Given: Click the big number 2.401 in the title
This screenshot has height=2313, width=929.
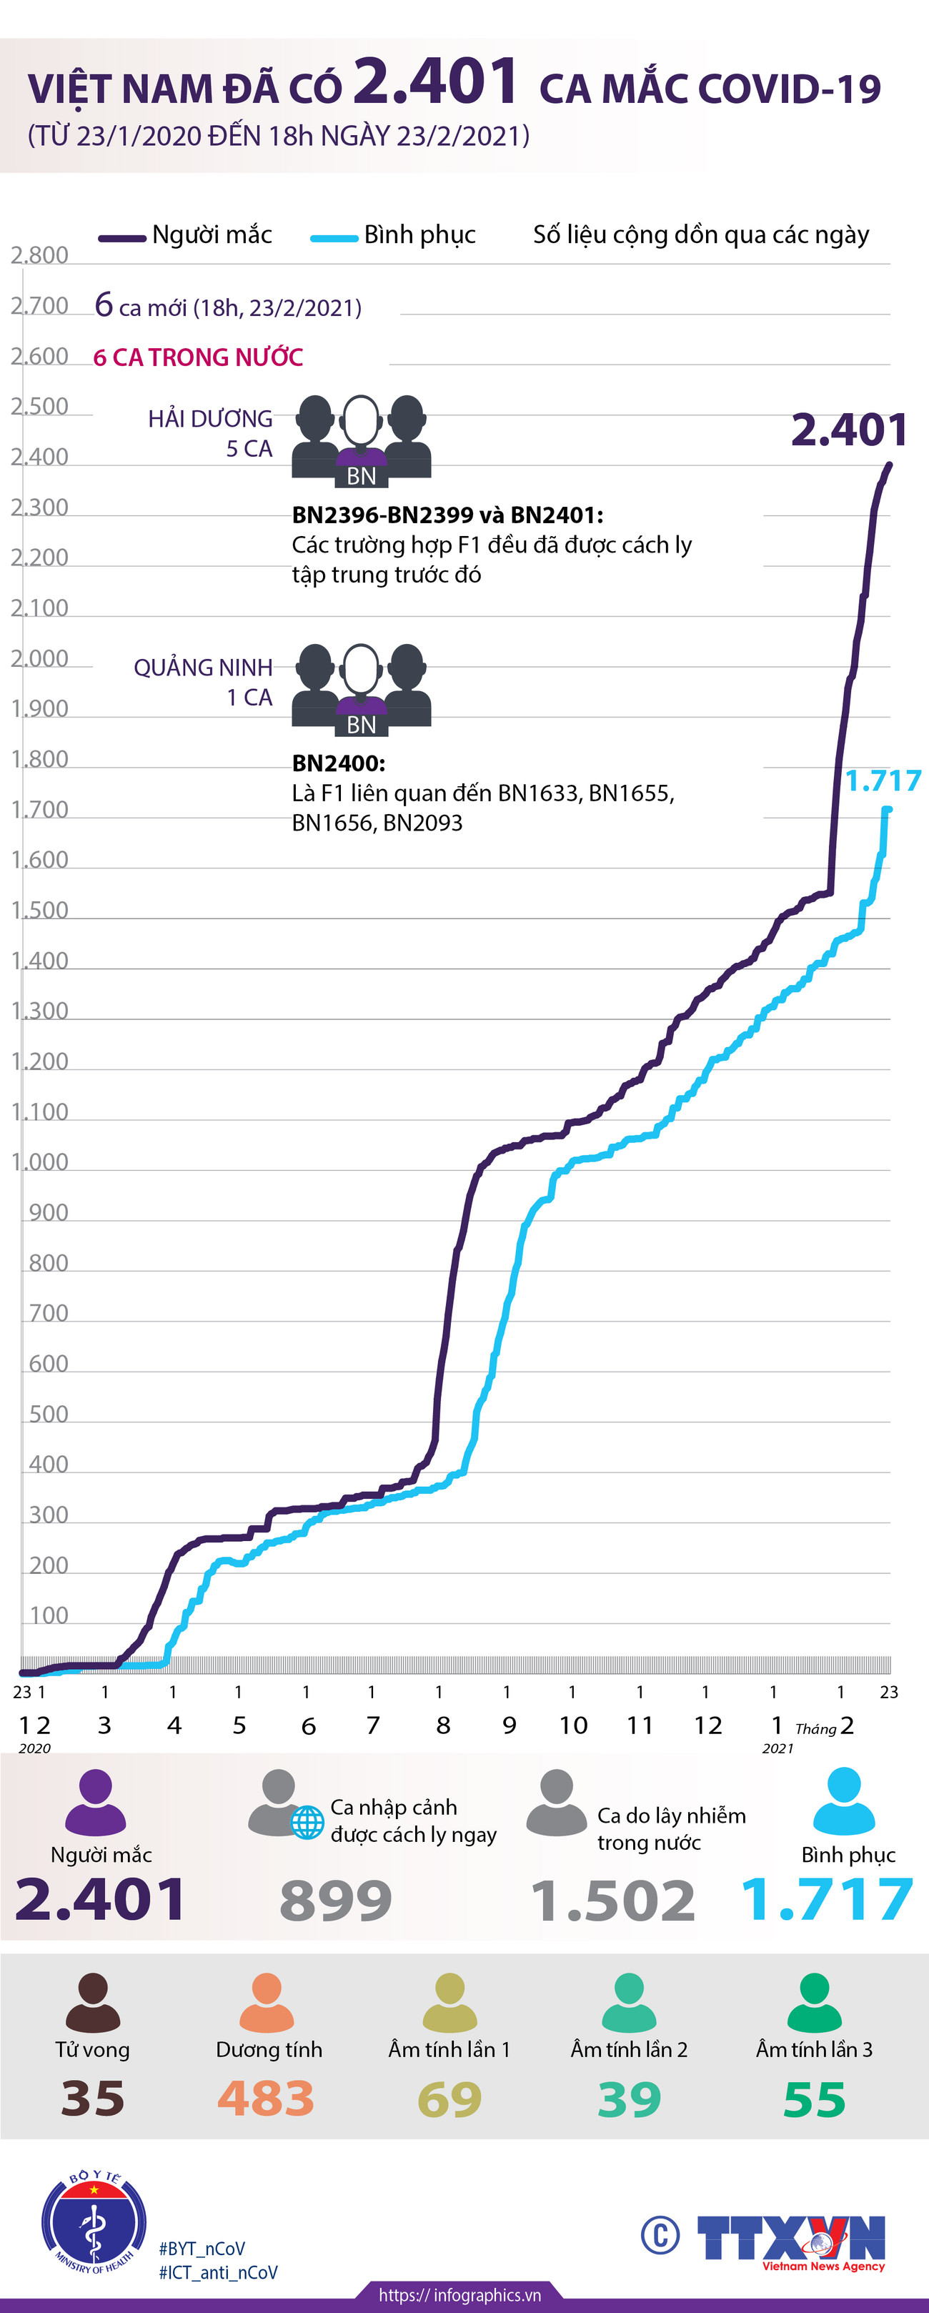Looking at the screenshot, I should pyautogui.click(x=435, y=83).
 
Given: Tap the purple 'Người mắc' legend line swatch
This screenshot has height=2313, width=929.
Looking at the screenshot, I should pyautogui.click(x=122, y=238).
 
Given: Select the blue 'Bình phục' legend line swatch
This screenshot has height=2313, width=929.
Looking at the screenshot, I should pyautogui.click(x=334, y=238).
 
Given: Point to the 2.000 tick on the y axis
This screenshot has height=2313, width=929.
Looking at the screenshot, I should pyautogui.click(x=39, y=659).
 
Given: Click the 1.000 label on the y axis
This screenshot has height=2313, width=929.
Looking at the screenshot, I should pyautogui.click(x=39, y=1163).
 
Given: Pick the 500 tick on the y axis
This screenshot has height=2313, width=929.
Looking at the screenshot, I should pyautogui.click(x=49, y=1415).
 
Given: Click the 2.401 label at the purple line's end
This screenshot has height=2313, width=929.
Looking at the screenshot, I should pyautogui.click(x=848, y=431).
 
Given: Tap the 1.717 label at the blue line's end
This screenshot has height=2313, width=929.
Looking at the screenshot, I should pyautogui.click(x=883, y=781).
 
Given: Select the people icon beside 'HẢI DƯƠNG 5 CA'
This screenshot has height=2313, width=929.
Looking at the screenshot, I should pyautogui.click(x=361, y=441).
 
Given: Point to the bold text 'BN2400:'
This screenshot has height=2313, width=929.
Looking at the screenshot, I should pyautogui.click(x=339, y=763).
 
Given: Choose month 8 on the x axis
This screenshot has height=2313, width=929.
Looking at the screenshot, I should pyautogui.click(x=442, y=1725).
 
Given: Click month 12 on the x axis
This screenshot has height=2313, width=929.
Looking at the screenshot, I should pyautogui.click(x=707, y=1725).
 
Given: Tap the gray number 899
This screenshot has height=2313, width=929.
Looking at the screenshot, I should pyautogui.click(x=336, y=1901).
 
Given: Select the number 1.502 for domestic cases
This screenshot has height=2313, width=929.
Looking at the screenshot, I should pyautogui.click(x=613, y=1901).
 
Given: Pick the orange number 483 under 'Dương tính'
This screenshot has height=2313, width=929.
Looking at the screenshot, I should pyautogui.click(x=266, y=2099).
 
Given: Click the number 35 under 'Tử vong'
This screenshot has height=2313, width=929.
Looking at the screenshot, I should pyautogui.click(x=92, y=2099).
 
